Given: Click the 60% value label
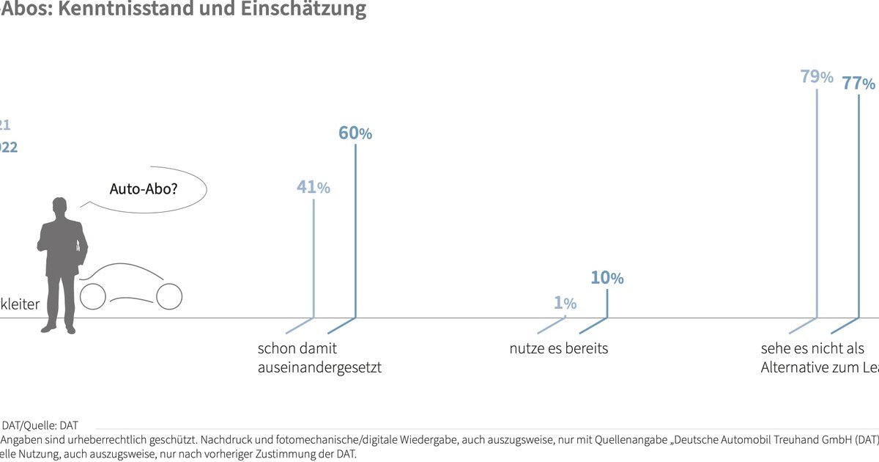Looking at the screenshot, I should [x=355, y=133].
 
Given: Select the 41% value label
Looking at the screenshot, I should [x=313, y=188].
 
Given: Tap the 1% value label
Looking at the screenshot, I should [x=565, y=303].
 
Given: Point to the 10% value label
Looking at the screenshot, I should [x=607, y=278].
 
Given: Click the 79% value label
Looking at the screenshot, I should [x=817, y=76].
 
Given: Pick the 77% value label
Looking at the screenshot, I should [x=858, y=83].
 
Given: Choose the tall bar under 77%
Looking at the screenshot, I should [x=858, y=205].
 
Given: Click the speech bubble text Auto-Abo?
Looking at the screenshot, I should [x=144, y=189].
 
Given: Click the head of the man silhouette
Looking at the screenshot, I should [x=60, y=208].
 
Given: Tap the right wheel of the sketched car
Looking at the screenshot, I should [x=169, y=296].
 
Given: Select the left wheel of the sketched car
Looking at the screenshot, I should [x=93, y=296].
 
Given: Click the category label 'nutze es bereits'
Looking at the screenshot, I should [x=558, y=349].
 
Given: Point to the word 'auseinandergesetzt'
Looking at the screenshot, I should [x=319, y=367].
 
